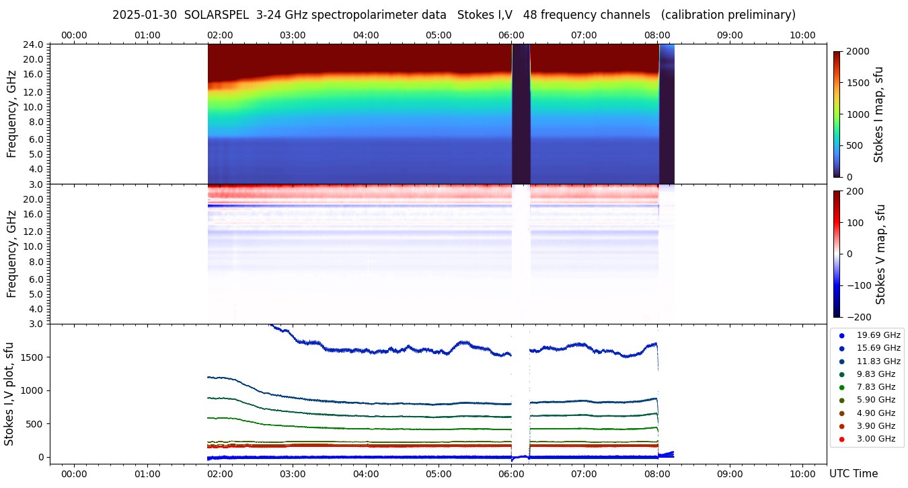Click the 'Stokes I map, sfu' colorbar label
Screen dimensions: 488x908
[878, 114]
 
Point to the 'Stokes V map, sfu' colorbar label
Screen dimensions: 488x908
[880, 254]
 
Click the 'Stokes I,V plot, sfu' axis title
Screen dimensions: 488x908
[9, 394]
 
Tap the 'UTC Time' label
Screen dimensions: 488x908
[853, 474]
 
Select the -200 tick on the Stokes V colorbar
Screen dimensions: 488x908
[858, 317]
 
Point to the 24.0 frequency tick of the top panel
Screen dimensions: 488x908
[34, 44]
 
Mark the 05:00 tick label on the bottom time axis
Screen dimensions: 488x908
[439, 474]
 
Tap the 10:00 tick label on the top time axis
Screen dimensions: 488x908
[802, 35]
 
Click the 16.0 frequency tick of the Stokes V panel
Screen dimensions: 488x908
[34, 215]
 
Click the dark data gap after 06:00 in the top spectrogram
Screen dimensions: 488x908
[521, 114]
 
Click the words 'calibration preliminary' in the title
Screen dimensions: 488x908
[729, 15]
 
